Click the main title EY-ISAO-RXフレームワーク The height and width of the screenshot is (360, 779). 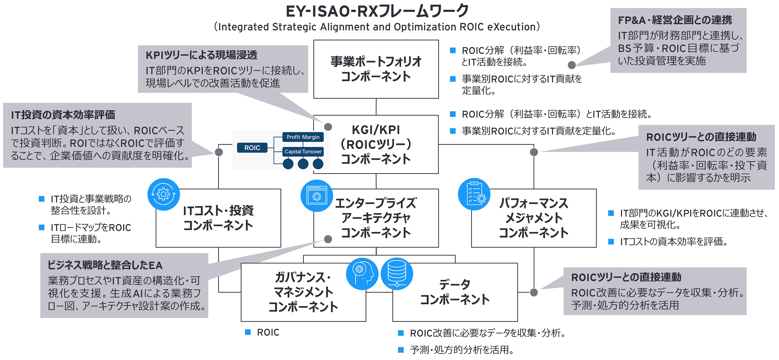(377, 11)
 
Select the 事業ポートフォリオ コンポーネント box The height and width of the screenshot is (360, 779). (376, 69)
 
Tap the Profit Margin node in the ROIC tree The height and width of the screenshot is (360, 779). (303, 137)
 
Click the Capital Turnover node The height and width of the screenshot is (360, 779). (303, 152)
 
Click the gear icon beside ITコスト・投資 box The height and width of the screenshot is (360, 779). (164, 194)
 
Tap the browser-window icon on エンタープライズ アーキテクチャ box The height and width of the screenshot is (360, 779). (317, 196)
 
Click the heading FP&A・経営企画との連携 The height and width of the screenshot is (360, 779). (675, 20)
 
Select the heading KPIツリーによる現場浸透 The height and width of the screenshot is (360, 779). (201, 55)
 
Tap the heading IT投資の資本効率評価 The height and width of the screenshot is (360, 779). (63, 115)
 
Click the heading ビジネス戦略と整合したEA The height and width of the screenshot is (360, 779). (105, 265)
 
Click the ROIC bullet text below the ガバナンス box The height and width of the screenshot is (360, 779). (268, 332)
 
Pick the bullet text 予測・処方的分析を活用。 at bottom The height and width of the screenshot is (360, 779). (462, 350)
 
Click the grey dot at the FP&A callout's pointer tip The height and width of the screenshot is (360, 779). (571, 65)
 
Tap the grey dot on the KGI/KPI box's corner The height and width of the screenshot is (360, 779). (328, 127)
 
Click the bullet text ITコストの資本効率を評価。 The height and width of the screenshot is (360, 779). (674, 241)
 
